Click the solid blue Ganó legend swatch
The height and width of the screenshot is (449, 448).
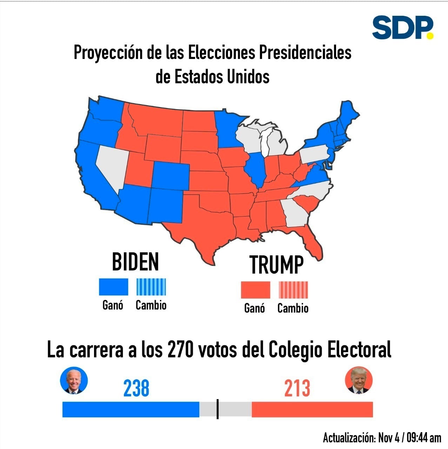pyautogui.click(x=113, y=287)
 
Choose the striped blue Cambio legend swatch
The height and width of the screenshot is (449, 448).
pyautogui.click(x=151, y=287)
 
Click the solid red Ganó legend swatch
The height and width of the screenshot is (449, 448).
pyautogui.click(x=255, y=290)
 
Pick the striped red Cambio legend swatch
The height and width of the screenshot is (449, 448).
pyautogui.click(x=293, y=290)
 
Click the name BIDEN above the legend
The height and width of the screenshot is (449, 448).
pyautogui.click(x=135, y=262)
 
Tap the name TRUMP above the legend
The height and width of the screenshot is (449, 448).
pyautogui.click(x=276, y=264)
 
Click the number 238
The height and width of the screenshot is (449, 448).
pyautogui.click(x=136, y=388)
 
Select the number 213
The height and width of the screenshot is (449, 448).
pyautogui.click(x=297, y=388)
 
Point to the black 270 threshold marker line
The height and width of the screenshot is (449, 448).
pyautogui.click(x=218, y=409)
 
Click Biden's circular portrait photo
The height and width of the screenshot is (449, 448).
pyautogui.click(x=74, y=380)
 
